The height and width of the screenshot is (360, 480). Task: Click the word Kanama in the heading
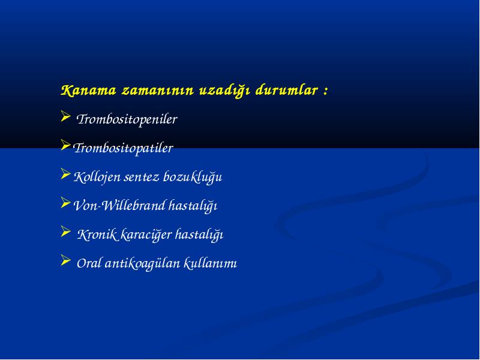[x=88, y=91]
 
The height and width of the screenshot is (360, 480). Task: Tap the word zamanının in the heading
[x=158, y=91]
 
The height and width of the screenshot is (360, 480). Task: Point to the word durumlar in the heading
[x=287, y=91]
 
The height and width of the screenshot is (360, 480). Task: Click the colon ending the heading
[x=325, y=91]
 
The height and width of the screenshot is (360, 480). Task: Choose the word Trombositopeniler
[x=127, y=119]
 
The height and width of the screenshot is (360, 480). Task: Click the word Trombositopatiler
[x=123, y=148]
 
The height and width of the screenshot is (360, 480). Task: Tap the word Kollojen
[x=97, y=177]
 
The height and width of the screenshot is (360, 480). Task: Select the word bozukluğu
[x=193, y=177]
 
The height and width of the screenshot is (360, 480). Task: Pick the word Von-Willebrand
[x=119, y=205]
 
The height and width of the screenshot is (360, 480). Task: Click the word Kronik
[x=97, y=235]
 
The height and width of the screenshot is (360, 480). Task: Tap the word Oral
[x=89, y=263]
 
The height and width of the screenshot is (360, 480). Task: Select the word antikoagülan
[x=142, y=263]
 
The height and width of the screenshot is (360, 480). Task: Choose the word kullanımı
[x=211, y=263]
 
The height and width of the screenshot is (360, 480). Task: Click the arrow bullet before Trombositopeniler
[x=65, y=116]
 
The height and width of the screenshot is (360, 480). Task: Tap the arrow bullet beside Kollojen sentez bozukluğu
[x=65, y=174]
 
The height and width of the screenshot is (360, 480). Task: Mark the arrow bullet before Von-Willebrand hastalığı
[x=65, y=203]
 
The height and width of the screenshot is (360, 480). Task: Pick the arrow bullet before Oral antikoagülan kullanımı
[x=65, y=260]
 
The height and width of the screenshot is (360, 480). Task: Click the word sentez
[x=142, y=177]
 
